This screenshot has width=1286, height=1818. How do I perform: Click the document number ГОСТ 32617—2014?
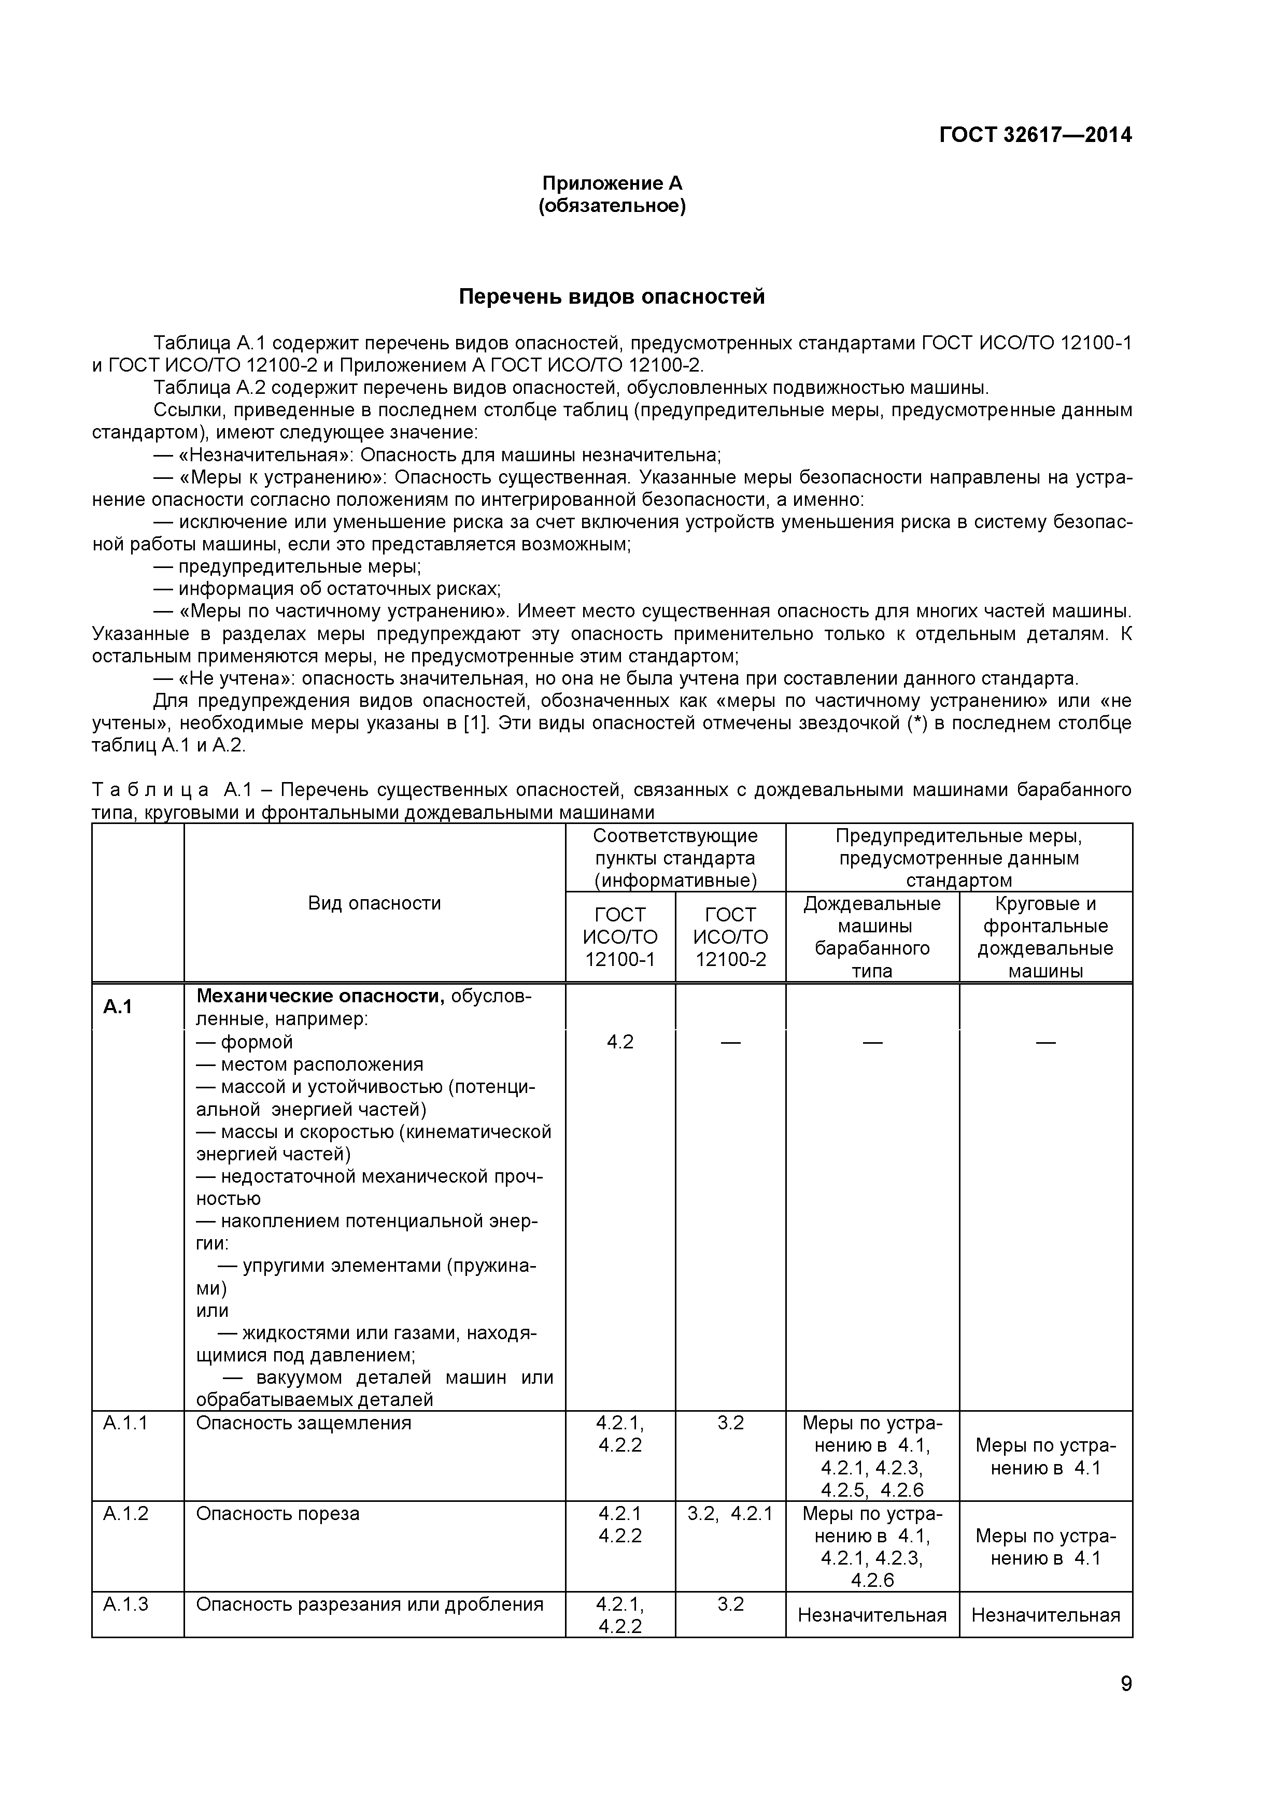pyautogui.click(x=1035, y=135)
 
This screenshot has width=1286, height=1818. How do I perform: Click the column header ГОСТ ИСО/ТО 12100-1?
pyautogui.click(x=620, y=936)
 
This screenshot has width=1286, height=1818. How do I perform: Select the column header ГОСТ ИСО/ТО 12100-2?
pyautogui.click(x=730, y=936)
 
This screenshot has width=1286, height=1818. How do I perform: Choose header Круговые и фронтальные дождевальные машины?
pyautogui.click(x=1045, y=936)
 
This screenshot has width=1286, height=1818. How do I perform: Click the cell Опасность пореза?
pyautogui.click(x=277, y=1513)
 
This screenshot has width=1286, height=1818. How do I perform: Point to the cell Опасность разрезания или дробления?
pyautogui.click(x=369, y=1604)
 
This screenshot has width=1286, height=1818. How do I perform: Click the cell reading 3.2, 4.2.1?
pyautogui.click(x=730, y=1513)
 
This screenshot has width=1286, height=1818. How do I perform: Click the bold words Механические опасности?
pyautogui.click(x=320, y=996)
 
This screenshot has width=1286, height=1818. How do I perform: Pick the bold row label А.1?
pyautogui.click(x=117, y=1006)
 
